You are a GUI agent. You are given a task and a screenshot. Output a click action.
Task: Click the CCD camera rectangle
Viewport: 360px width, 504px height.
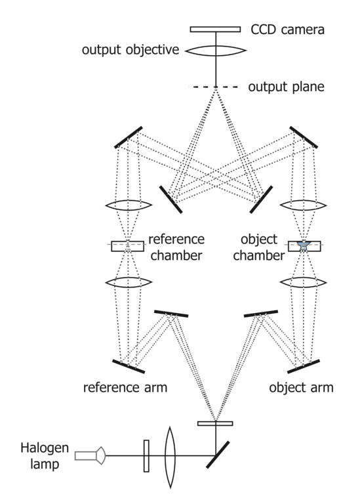tap(215, 30)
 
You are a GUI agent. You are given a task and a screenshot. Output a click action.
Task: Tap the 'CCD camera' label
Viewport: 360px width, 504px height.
tap(287, 30)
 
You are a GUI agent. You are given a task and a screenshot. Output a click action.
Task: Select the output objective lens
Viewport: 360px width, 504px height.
tap(216, 51)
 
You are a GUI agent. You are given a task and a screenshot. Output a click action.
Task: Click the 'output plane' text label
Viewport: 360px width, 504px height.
tap(286, 87)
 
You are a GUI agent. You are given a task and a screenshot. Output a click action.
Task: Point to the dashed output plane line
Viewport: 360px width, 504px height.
tap(213, 87)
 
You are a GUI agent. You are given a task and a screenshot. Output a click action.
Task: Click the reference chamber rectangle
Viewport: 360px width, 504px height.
tap(127, 246)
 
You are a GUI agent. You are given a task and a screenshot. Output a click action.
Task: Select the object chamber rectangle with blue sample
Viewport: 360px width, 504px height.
tap(304, 246)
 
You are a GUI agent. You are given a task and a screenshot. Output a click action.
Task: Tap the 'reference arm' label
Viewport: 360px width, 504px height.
tap(125, 387)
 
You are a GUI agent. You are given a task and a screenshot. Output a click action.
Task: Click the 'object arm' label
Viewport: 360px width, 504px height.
tap(301, 387)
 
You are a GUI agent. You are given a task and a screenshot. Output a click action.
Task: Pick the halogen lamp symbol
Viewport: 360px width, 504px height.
tap(90, 455)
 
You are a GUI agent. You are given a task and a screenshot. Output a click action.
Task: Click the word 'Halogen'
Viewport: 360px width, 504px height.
tap(45, 448)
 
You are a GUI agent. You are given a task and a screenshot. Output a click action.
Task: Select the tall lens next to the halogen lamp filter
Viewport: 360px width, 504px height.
tap(170, 457)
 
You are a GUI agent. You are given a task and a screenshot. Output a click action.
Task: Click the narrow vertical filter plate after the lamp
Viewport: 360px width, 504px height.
tap(146, 456)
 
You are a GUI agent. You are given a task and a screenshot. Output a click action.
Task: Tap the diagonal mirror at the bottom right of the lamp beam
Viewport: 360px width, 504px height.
tap(218, 455)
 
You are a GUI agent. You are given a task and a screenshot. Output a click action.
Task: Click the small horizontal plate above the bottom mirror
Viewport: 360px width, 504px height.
tap(215, 424)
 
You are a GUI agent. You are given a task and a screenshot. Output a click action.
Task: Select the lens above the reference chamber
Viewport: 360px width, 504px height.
tap(129, 205)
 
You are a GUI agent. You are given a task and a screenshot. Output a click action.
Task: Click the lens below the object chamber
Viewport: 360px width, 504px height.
tap(304, 283)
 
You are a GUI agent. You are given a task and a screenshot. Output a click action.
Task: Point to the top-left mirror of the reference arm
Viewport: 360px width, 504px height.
tap(129, 137)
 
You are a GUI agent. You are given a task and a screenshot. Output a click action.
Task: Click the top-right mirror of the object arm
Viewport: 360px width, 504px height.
tap(304, 137)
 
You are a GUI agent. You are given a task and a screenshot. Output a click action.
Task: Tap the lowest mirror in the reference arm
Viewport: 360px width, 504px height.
tap(129, 366)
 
